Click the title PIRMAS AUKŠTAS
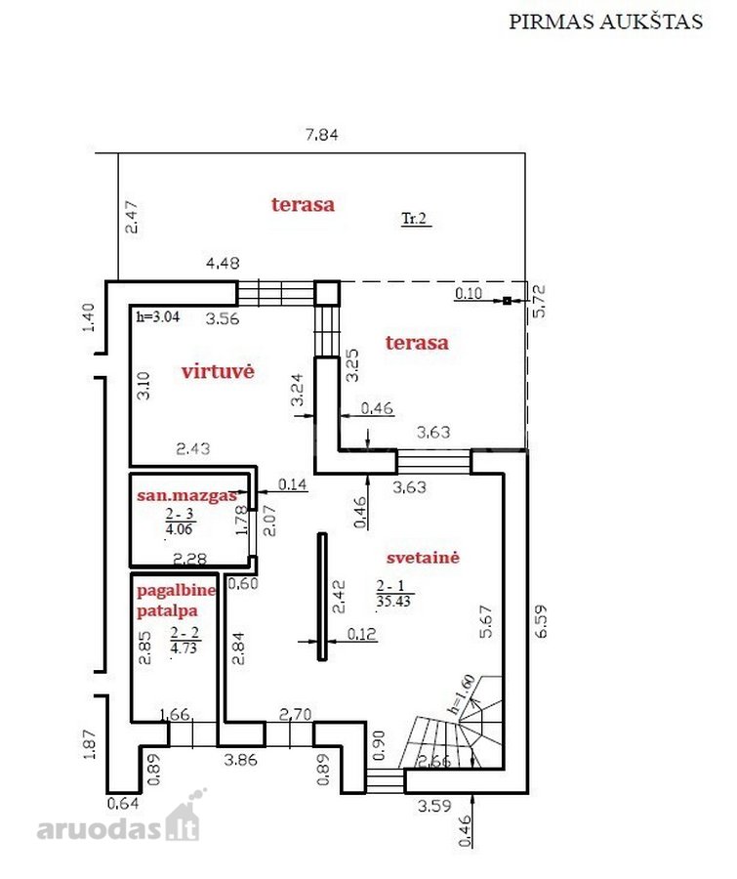point(605,21)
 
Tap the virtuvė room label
point(218,371)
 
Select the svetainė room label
point(423,558)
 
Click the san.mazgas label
point(186,495)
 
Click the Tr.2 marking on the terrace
point(414,218)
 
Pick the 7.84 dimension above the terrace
point(322,135)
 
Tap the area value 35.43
point(393,602)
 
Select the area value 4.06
point(179,528)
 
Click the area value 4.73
point(184,648)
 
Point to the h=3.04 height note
point(158,316)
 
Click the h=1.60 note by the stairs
point(462,694)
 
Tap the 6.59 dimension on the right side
point(541,621)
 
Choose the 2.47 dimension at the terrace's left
point(132,218)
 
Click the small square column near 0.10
point(507,301)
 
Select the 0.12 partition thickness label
point(361,634)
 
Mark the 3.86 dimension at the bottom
point(240,760)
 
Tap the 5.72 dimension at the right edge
point(539,301)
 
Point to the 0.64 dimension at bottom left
point(123,804)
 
